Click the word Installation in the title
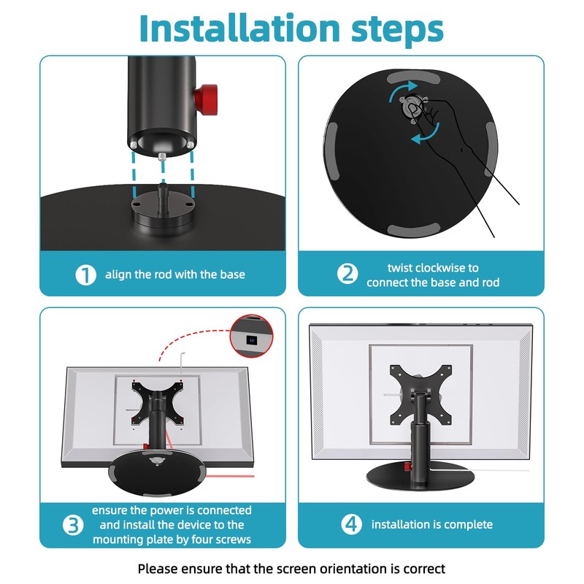click(x=239, y=28)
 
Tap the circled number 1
click(x=85, y=275)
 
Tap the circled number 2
click(x=347, y=274)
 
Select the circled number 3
click(x=73, y=525)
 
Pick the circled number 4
click(x=351, y=524)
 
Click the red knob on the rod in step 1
click(x=206, y=99)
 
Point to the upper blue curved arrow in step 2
click(x=401, y=89)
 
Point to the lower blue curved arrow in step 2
click(x=426, y=134)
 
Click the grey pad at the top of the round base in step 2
click(x=413, y=79)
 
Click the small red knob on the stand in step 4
click(x=407, y=467)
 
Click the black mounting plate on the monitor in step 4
click(x=421, y=395)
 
